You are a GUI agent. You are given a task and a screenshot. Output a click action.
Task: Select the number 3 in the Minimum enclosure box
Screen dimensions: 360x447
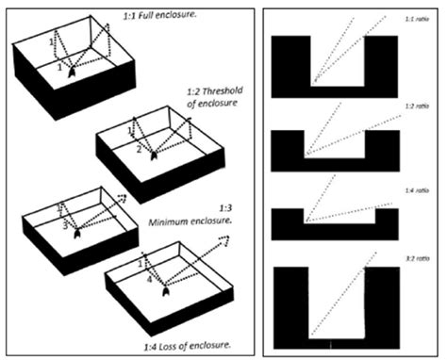pyautogui.click(x=63, y=227)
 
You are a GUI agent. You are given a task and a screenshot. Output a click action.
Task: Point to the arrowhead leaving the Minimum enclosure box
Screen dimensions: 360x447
pyautogui.click(x=121, y=198)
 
